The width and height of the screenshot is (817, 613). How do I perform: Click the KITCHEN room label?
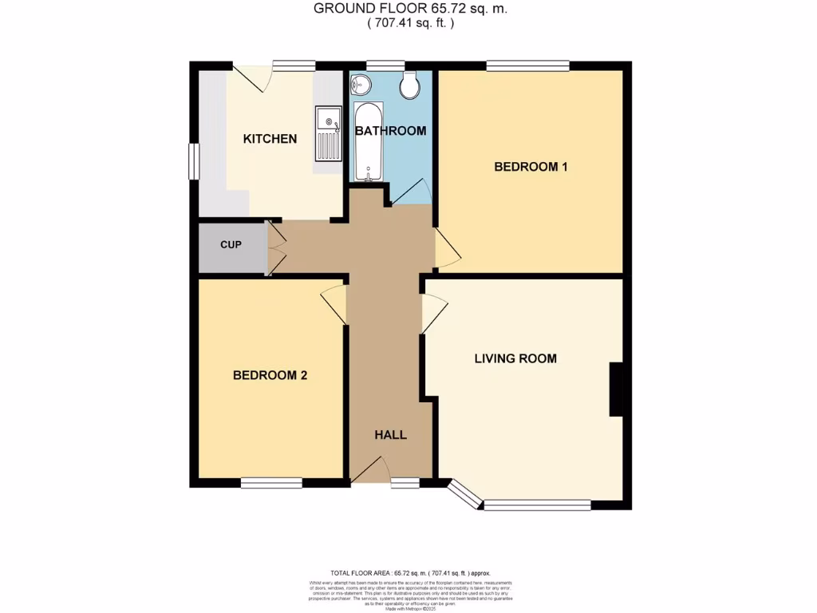[270, 139]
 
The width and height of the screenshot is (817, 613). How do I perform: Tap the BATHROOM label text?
[390, 131]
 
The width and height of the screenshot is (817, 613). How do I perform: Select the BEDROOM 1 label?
[531, 167]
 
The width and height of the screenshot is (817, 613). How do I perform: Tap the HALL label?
[391, 435]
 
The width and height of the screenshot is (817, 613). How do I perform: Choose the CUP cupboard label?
[231, 244]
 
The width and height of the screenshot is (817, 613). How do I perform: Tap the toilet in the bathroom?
[412, 85]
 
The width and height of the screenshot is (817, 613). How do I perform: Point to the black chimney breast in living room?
[616, 390]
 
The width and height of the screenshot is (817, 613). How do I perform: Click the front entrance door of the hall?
[369, 470]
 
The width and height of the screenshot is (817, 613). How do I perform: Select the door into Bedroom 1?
[447, 248]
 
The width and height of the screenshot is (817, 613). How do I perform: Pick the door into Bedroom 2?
[335, 304]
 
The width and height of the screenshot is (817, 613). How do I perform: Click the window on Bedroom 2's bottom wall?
[271, 482]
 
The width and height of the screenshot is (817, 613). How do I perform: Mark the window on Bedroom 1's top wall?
[527, 65]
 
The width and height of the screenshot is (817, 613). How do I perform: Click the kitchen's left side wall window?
[193, 161]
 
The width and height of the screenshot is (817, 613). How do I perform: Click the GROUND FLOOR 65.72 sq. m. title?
[410, 9]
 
